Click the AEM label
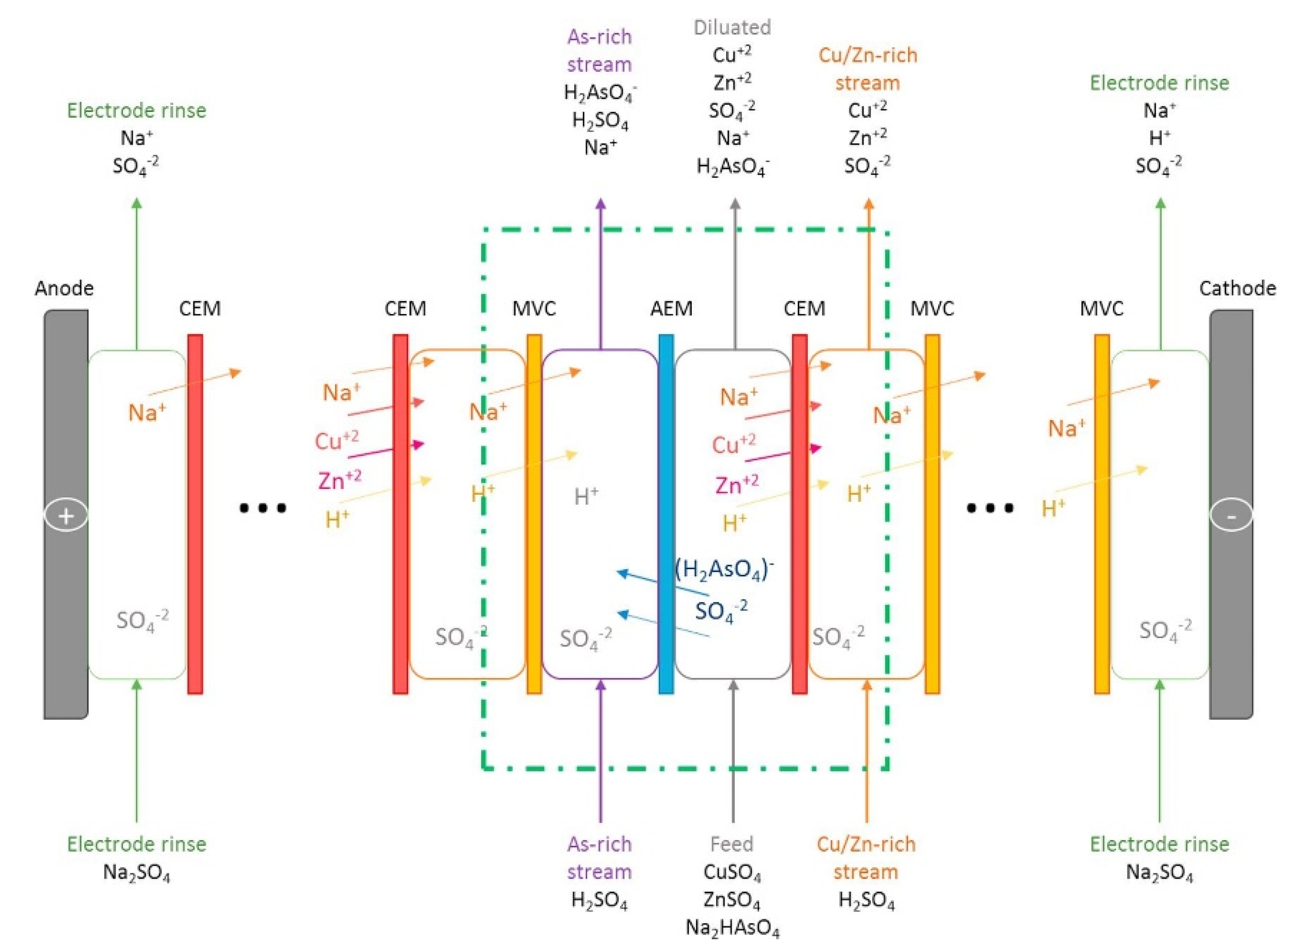[671, 309]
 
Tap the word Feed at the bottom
[731, 844]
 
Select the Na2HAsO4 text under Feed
[732, 928]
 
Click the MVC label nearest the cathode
[1101, 309]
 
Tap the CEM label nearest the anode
[199, 309]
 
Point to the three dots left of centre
[262, 508]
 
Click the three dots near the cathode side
[990, 508]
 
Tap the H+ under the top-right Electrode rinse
[1159, 138]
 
